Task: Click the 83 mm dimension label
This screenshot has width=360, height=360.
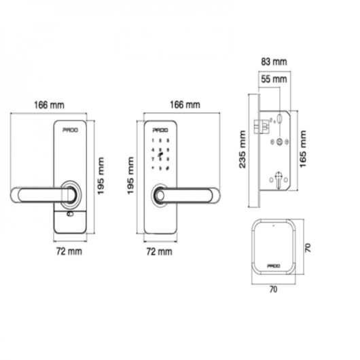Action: (273, 61)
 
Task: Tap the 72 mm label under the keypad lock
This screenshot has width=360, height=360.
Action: (160, 251)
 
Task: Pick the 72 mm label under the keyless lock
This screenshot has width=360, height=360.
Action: (69, 251)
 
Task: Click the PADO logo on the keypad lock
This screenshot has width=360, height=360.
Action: (160, 128)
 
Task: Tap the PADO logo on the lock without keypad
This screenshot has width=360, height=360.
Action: (70, 128)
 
